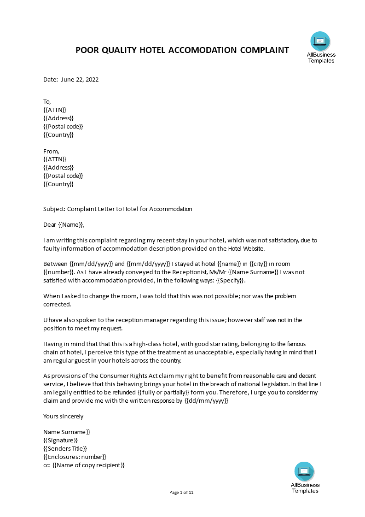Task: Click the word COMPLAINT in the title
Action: tap(264, 50)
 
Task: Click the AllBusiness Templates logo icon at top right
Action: tap(320, 41)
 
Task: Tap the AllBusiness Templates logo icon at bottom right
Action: tap(304, 471)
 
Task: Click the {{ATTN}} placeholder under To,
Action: tap(55, 110)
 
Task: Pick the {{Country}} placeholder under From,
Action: tap(58, 184)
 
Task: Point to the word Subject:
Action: tap(54, 209)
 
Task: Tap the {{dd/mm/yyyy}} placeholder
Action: tap(206, 401)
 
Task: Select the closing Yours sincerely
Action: tap(64, 416)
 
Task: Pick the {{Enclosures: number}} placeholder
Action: tap(75, 457)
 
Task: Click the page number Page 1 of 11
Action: tap(182, 493)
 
